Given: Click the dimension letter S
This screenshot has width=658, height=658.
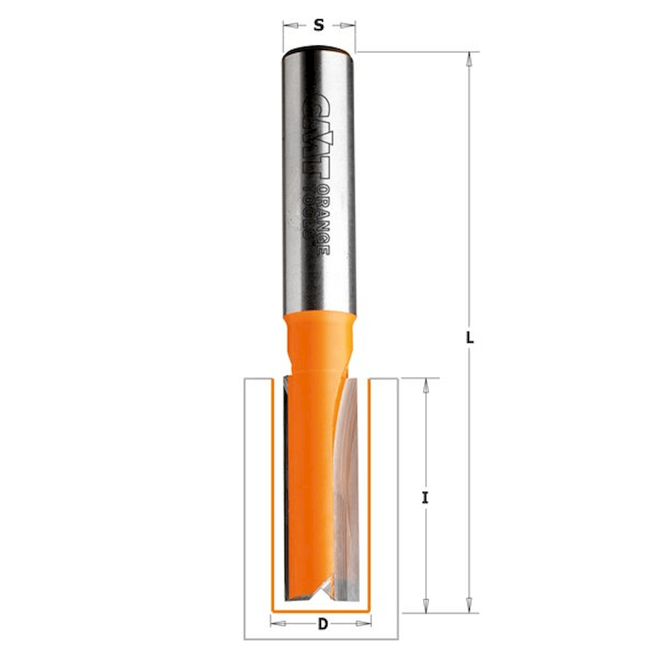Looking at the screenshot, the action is [x=319, y=25].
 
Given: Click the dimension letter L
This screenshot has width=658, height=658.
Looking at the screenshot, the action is [x=470, y=338].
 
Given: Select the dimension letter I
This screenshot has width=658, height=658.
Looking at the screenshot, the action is [x=426, y=498].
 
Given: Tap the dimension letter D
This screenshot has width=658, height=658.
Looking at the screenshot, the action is [x=322, y=624].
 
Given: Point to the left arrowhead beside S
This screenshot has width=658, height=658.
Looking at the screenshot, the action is [x=290, y=26].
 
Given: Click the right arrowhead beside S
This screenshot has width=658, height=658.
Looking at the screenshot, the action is [x=348, y=26].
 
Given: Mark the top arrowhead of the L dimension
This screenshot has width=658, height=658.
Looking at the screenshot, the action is [x=470, y=59].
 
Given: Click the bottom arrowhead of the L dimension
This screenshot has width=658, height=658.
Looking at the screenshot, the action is [x=470, y=605].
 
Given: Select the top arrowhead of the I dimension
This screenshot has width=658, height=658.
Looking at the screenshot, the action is [x=426, y=385].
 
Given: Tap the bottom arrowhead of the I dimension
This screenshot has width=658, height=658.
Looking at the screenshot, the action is [x=426, y=605].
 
